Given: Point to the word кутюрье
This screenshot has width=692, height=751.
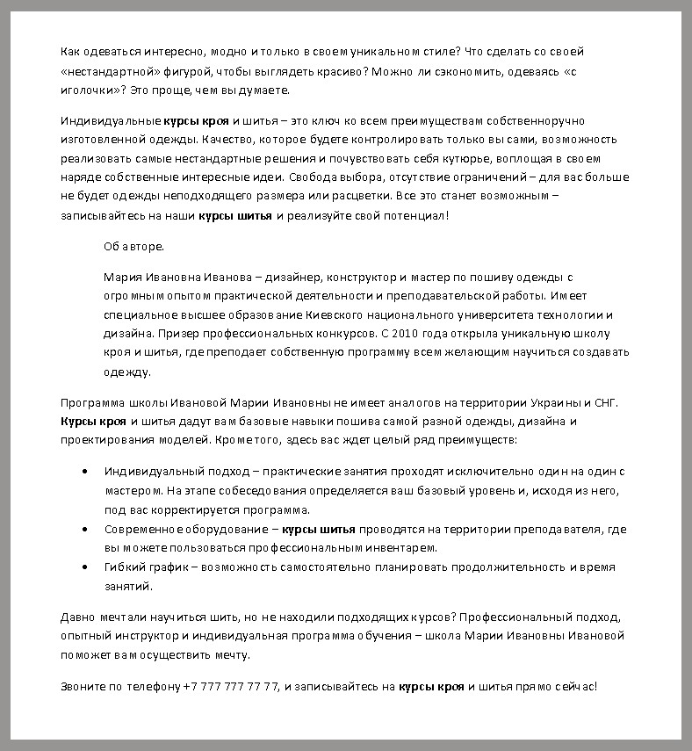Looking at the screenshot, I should [x=478, y=158].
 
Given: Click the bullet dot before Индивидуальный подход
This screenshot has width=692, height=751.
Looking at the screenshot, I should [x=83, y=472].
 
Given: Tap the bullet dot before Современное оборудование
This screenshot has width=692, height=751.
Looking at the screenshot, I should [x=83, y=530].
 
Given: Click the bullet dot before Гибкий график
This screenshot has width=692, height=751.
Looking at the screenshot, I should [x=83, y=567].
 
